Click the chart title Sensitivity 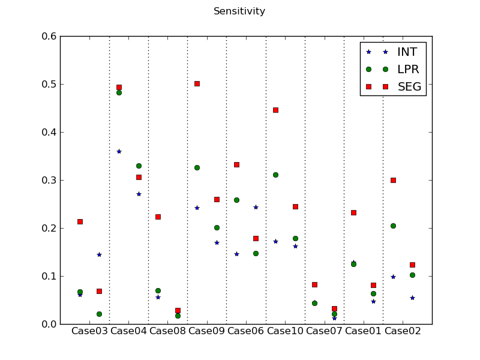click(239, 11)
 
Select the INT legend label click(407, 52)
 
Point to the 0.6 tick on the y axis click(50, 37)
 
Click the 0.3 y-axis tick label click(50, 181)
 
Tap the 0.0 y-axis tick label click(50, 325)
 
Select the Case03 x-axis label click(89, 331)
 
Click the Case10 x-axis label click(285, 331)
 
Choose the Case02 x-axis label click(403, 331)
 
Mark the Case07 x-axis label click(324, 331)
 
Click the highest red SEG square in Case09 click(197, 83)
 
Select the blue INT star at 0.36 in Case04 click(119, 151)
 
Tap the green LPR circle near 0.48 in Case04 click(119, 92)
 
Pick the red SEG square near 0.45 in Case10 click(275, 110)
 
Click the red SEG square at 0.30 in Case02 click(393, 180)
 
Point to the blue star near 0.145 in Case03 click(99, 254)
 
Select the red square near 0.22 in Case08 click(158, 217)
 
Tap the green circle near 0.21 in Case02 click(393, 226)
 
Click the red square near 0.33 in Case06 click(236, 164)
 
